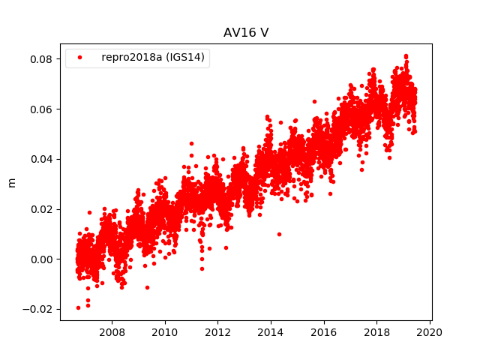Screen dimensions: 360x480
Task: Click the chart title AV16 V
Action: [245, 33]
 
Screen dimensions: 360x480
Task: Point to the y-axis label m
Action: [11, 182]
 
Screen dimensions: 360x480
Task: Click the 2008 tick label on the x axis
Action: [112, 332]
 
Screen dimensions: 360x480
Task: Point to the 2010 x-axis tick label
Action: [165, 332]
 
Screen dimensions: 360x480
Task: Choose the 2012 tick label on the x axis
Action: [217, 332]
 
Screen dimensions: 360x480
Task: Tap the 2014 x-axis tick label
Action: [271, 332]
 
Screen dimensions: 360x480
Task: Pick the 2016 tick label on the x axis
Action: [323, 332]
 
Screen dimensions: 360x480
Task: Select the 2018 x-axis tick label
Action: [376, 332]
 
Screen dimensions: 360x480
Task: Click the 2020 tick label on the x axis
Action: [429, 332]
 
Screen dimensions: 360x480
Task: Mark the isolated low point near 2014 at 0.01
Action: [279, 234]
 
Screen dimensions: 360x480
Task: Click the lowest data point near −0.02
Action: [78, 307]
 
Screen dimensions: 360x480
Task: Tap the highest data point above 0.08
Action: [406, 56]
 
